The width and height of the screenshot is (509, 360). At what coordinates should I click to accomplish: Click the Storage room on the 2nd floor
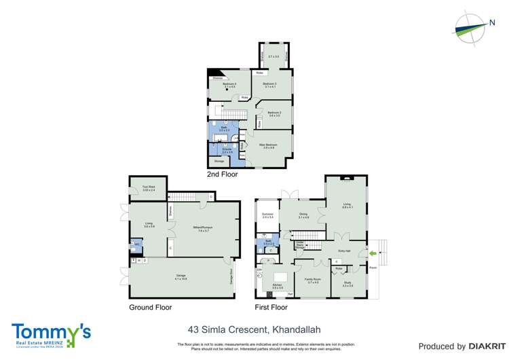(x=219, y=162)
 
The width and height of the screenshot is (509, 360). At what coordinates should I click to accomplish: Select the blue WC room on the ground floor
(x=137, y=244)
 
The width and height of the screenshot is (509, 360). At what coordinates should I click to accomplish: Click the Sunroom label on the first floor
(x=267, y=216)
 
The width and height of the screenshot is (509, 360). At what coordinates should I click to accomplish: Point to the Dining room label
(x=303, y=216)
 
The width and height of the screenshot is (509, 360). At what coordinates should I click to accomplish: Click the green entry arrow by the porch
(x=372, y=255)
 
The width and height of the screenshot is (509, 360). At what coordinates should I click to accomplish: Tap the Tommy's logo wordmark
(x=51, y=332)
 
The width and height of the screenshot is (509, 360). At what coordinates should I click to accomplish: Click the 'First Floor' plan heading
(x=272, y=307)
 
